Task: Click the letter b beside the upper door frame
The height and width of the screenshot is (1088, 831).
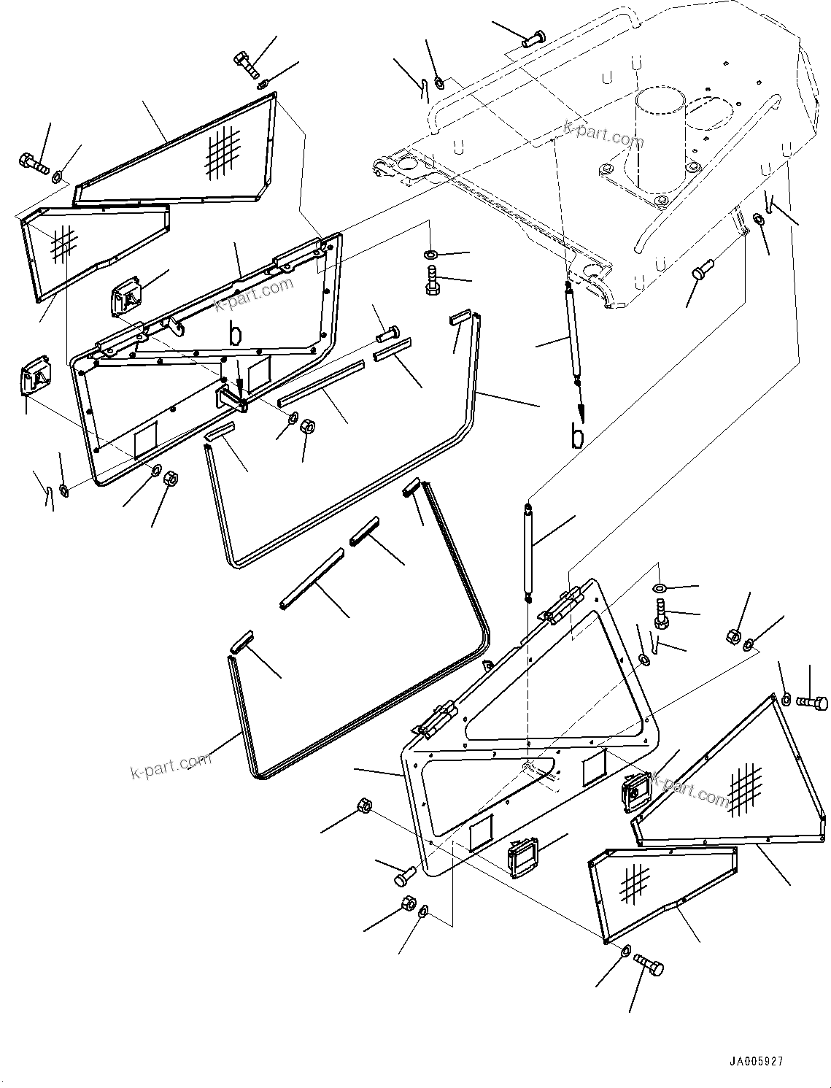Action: click(x=234, y=335)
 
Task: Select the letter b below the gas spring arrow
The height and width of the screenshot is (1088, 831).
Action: click(x=577, y=436)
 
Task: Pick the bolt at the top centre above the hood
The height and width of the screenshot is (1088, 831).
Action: click(x=533, y=38)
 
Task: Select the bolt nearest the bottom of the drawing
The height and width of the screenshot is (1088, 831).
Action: click(x=649, y=964)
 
